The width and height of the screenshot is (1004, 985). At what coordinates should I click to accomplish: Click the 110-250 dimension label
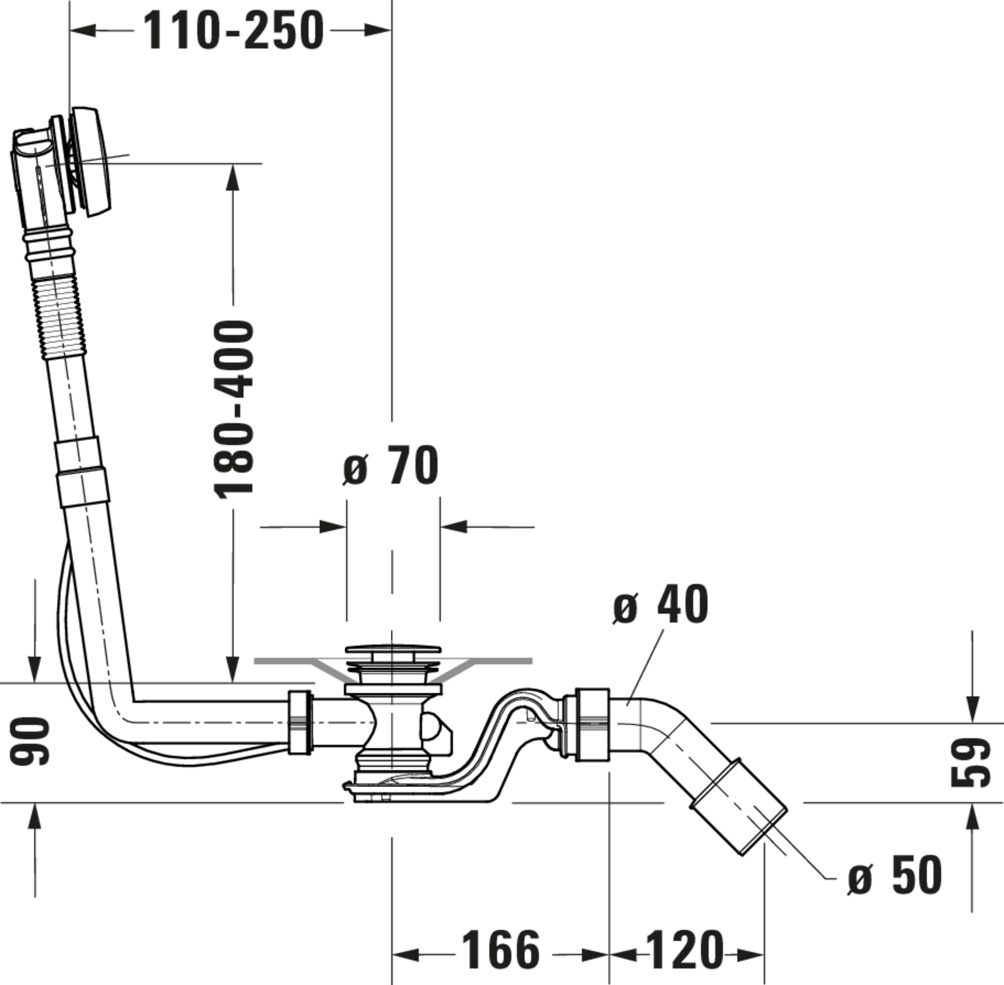[x=233, y=31]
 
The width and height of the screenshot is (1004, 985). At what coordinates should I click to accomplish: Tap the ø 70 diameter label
[x=391, y=466]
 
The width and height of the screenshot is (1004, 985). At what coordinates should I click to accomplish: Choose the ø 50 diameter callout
[x=894, y=875]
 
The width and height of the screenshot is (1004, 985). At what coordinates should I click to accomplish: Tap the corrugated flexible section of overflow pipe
[x=58, y=316]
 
